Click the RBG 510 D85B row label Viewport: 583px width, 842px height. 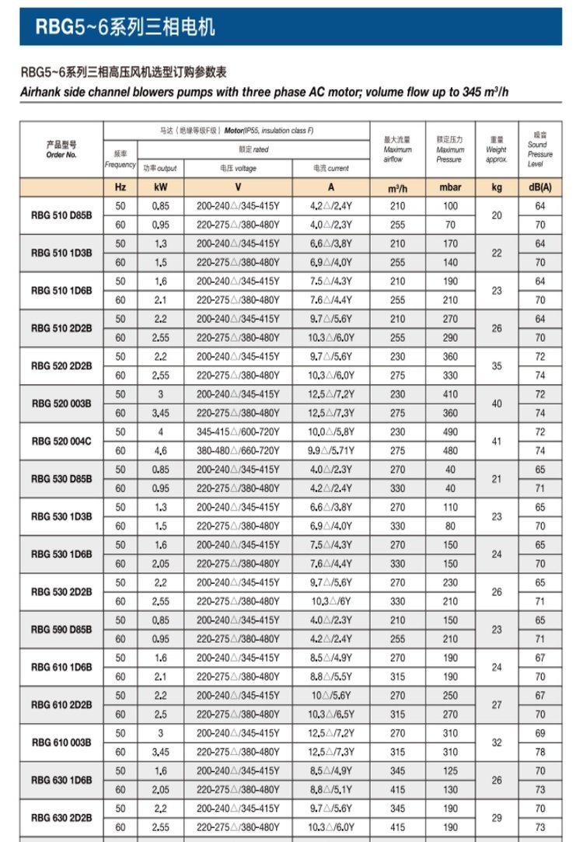(61, 215)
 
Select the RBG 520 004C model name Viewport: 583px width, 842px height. (61, 441)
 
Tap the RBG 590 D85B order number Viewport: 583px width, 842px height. (61, 629)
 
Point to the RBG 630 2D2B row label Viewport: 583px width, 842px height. (61, 817)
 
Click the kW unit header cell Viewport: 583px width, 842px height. (161, 187)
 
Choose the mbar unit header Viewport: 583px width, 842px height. (450, 187)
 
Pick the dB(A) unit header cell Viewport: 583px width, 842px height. (540, 187)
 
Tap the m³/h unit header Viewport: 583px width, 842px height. (397, 187)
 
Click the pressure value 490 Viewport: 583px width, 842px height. (450, 431)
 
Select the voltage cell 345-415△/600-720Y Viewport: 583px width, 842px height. (238, 431)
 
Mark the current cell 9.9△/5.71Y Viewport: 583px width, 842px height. (330, 450)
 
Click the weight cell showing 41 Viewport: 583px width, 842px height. (497, 441)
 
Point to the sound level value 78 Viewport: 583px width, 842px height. (540, 752)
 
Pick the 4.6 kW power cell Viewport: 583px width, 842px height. (161, 450)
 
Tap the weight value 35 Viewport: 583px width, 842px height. (497, 365)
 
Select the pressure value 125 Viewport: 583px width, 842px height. (450, 770)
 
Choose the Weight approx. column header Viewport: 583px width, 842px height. (497, 150)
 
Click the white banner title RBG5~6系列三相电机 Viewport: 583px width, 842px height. (125, 28)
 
